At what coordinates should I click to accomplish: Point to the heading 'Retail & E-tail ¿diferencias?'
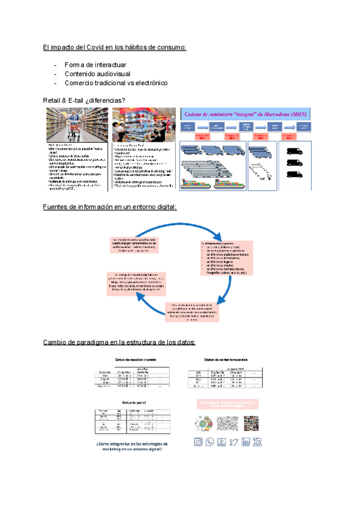click(84, 100)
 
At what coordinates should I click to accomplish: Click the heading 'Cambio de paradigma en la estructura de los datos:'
click(119, 343)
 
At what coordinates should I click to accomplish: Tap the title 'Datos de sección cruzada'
click(135, 359)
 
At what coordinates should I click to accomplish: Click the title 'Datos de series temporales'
click(226, 359)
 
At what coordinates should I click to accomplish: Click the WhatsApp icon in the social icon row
click(209, 442)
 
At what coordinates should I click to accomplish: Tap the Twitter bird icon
click(233, 442)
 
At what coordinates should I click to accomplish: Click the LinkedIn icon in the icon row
click(246, 442)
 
